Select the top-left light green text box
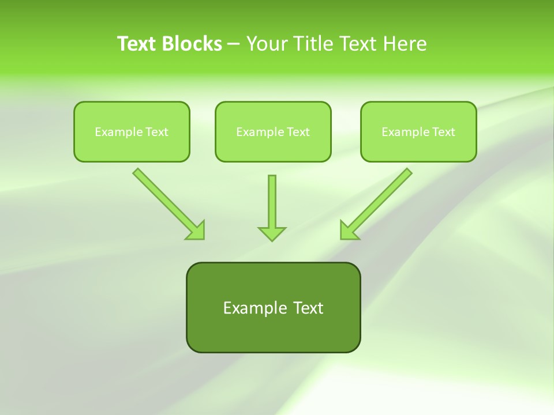point(132,131)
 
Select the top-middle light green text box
point(273,131)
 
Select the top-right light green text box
point(418,131)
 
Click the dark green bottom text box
point(273,307)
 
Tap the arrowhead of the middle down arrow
point(272,233)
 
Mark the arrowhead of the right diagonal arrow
point(349,231)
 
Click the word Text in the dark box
point(308,308)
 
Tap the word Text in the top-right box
point(443,132)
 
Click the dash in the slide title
point(234,44)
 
